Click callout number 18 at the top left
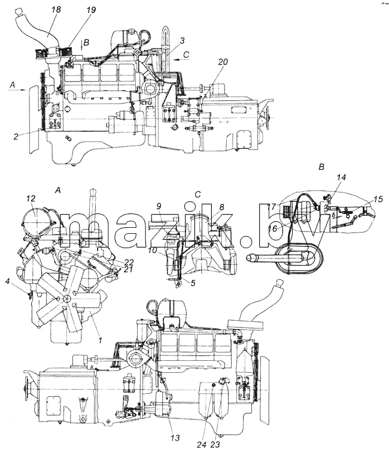[x=56, y=10]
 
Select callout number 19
[x=90, y=10]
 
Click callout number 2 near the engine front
[x=16, y=137]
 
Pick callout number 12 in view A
[x=31, y=198]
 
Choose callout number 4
[x=8, y=281]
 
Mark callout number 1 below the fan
[x=100, y=340]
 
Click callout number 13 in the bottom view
[x=175, y=438]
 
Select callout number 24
[x=202, y=445]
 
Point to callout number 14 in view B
[x=342, y=177]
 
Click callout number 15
[x=378, y=200]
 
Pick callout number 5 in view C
[x=193, y=282]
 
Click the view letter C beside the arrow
[x=186, y=55]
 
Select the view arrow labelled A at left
[x=18, y=90]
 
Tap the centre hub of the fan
[x=67, y=299]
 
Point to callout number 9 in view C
[x=159, y=207]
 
